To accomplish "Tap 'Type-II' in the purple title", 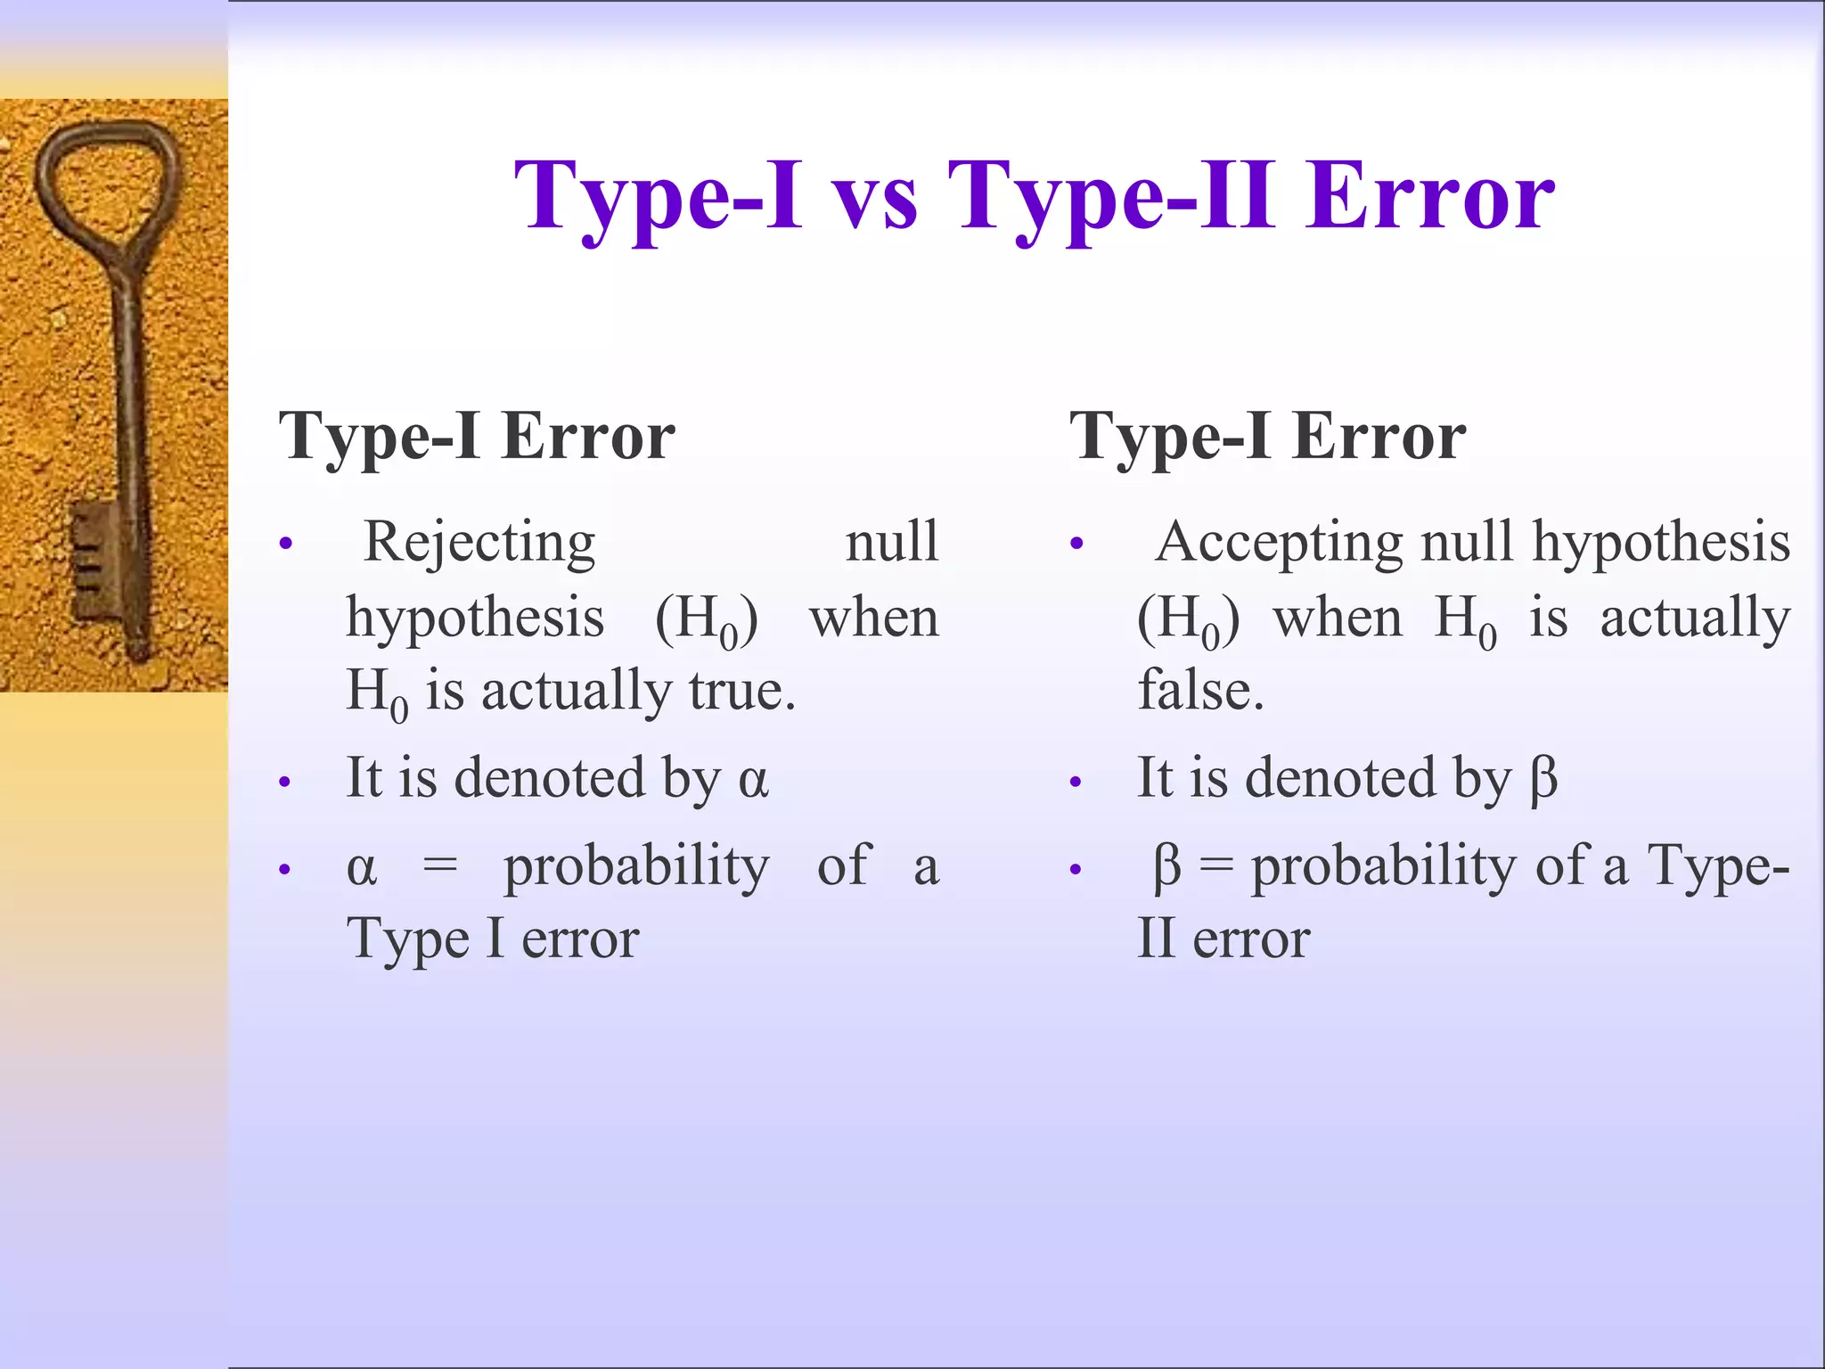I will click(x=1109, y=198).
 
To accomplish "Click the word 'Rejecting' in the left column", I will click(x=479, y=542).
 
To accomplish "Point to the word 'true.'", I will click(x=742, y=691).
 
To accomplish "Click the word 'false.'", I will click(x=1200, y=691).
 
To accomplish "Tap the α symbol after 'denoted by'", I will click(x=753, y=779).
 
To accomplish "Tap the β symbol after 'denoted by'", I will click(x=1543, y=779).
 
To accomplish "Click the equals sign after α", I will click(x=440, y=865).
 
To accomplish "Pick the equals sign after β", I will click(x=1216, y=865).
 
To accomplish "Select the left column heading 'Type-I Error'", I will click(x=477, y=437).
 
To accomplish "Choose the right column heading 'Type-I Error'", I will click(x=1267, y=437).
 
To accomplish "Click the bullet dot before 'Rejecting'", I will click(x=285, y=544).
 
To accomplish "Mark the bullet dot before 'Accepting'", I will click(x=1076, y=544).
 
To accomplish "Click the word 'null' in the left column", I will click(x=891, y=542).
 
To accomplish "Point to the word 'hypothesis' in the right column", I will click(x=1660, y=544).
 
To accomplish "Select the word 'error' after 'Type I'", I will click(x=580, y=939).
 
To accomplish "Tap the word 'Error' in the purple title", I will click(x=1430, y=198).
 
